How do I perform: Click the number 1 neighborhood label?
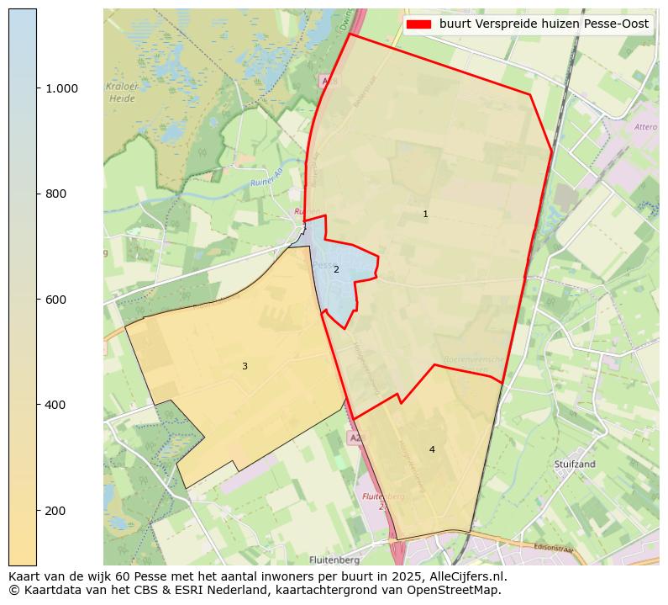425,215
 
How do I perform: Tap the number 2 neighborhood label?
336,270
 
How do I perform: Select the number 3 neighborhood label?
245,367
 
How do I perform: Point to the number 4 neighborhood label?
432,450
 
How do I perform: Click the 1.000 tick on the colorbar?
61,88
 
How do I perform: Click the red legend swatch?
418,24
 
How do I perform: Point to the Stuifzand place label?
575,464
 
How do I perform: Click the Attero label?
645,127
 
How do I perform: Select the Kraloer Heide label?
122,93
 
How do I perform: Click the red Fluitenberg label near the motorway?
382,496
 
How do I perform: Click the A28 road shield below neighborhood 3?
356,438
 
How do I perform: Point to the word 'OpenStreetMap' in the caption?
459,590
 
